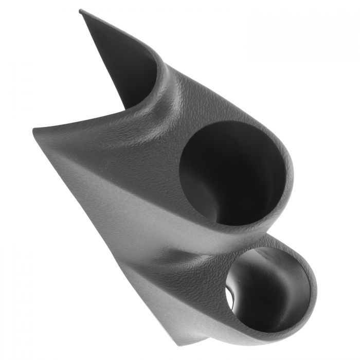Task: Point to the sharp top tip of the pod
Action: pos(81,11)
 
